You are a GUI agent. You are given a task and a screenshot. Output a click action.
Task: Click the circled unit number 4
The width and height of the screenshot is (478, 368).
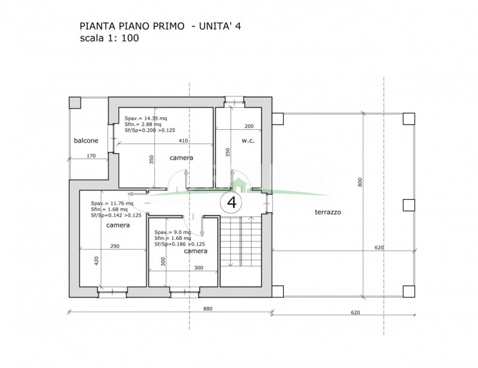[232, 202]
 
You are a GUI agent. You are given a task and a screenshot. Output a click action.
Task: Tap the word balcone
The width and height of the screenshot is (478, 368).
[86, 141]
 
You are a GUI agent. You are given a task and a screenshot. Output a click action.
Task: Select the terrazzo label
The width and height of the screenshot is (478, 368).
[327, 212]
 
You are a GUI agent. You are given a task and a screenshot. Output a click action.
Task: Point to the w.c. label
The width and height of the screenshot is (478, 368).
[248, 141]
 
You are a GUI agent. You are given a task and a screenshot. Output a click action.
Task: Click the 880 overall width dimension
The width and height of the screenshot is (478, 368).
[207, 309]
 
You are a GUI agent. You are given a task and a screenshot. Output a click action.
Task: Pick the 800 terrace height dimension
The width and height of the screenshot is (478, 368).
[360, 183]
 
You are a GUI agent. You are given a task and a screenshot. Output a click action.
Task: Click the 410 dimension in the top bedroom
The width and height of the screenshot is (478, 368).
[183, 141]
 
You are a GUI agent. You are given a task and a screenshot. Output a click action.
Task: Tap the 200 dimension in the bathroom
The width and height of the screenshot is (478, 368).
[249, 126]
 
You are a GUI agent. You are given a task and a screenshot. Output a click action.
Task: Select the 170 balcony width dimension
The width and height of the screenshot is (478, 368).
[91, 156]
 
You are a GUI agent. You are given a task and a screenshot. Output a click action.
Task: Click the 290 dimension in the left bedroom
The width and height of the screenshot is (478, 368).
[115, 246]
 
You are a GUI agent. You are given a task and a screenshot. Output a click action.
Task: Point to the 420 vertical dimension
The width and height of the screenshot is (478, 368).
[96, 260]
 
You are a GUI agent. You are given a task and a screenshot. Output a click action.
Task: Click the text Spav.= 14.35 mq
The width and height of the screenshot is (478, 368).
[146, 118]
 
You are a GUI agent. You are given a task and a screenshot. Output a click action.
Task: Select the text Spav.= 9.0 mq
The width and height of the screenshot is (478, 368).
[173, 232]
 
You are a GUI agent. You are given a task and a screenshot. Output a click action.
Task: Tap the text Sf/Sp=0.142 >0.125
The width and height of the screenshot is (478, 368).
[116, 215]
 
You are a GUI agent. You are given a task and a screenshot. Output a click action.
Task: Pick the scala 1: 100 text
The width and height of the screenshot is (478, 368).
[109, 38]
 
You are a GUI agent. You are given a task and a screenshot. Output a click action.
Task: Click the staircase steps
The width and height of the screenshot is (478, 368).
[241, 241]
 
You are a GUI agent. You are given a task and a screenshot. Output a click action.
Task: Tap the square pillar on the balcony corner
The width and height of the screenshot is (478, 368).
[75, 103]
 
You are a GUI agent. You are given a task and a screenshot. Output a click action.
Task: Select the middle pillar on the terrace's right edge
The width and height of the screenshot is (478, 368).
[409, 205]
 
